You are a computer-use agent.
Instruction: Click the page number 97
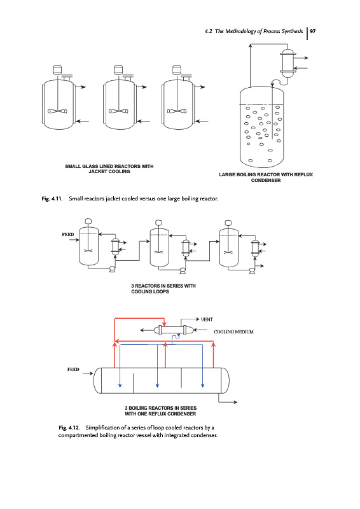312,31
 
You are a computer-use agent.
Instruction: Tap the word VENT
207,319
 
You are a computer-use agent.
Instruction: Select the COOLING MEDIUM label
233,331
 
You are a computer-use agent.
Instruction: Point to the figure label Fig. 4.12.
69,428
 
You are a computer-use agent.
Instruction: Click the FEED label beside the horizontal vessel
73,370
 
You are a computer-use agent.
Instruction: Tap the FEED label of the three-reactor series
68,234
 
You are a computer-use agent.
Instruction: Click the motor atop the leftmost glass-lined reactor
57,69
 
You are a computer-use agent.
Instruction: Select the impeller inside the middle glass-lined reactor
118,111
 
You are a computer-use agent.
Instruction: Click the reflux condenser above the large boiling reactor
287,63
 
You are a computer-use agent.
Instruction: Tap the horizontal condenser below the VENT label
174,330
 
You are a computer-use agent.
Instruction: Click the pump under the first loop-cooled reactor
112,269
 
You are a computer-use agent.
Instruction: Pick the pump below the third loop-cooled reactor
252,270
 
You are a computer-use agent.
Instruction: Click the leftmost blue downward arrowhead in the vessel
120,385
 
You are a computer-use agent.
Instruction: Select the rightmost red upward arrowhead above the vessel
213,344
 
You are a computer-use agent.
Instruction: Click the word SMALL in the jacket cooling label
73,166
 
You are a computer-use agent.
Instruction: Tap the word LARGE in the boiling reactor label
227,174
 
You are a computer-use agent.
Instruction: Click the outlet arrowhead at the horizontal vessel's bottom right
235,402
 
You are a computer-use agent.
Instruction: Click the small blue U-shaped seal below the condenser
176,337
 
